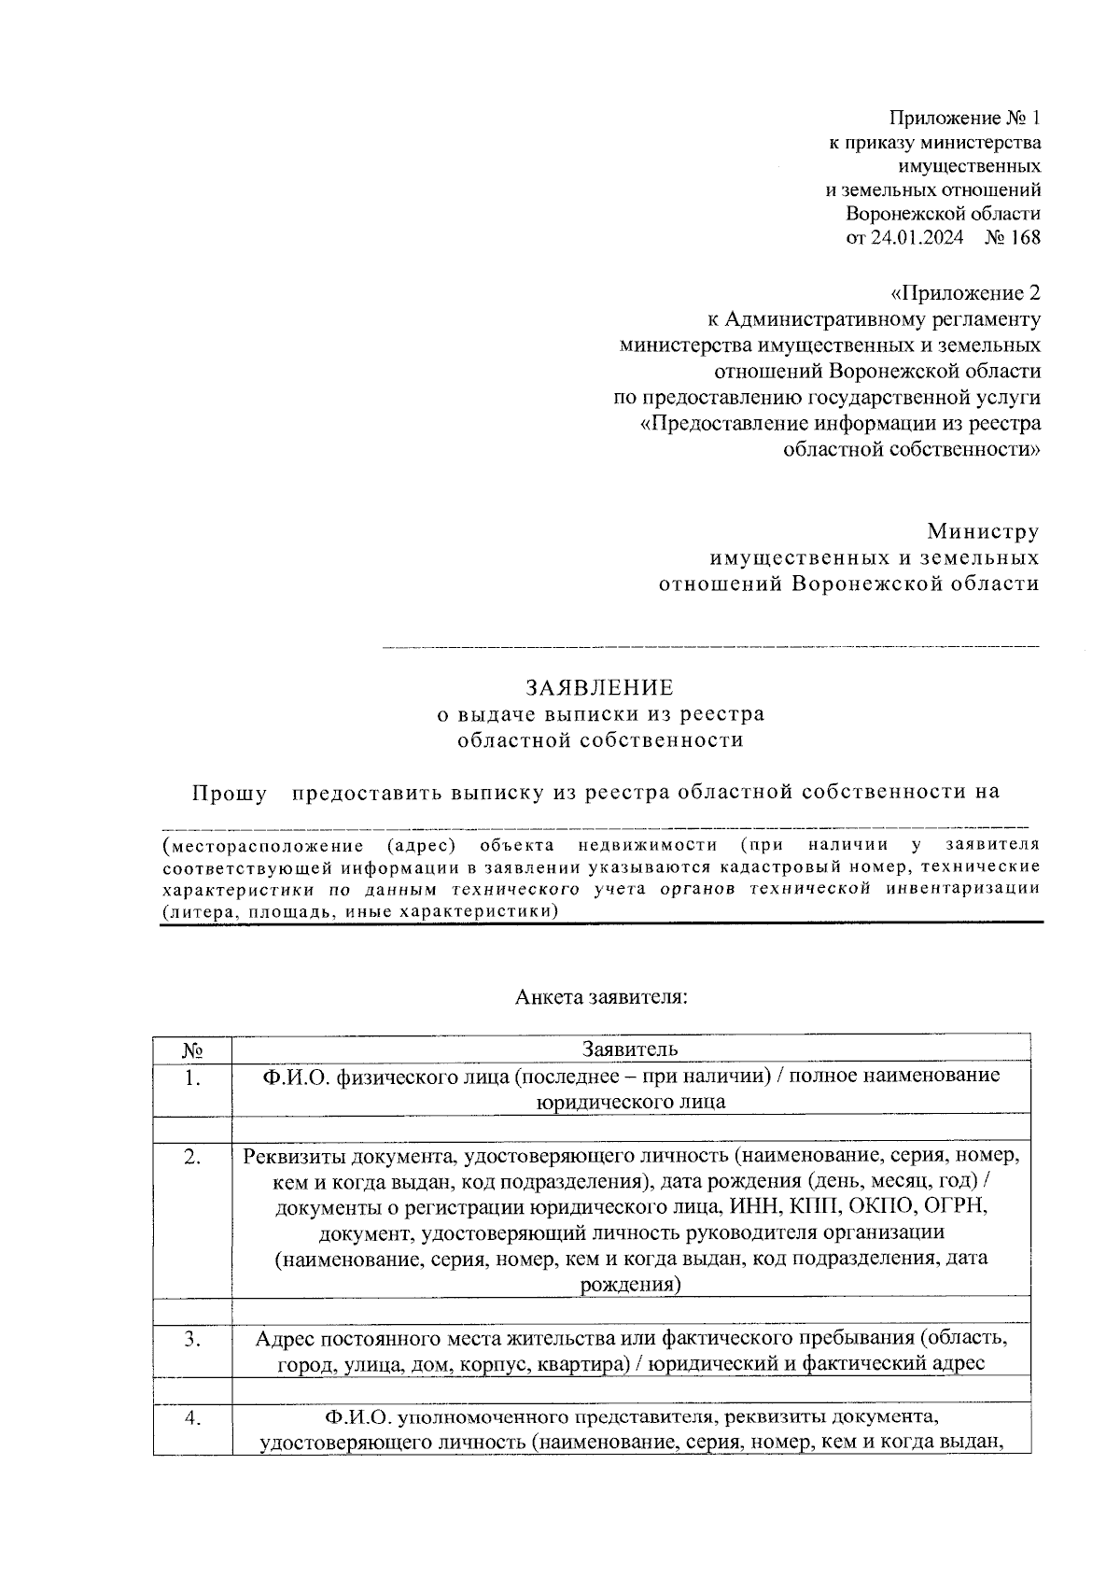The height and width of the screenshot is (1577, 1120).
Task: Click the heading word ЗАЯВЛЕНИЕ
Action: [x=599, y=688]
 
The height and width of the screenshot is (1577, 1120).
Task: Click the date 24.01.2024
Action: [x=917, y=237]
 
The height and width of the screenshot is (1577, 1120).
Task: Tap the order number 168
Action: [x=1024, y=237]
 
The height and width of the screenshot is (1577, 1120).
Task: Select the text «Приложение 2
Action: [x=965, y=293]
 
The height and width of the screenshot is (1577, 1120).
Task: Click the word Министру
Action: [x=982, y=531]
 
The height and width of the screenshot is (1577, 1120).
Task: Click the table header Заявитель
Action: [x=630, y=1049]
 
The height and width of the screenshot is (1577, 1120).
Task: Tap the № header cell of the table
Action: [x=192, y=1049]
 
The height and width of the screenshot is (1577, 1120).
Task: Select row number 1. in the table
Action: [x=192, y=1077]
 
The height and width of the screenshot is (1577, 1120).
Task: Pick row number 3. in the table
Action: [x=192, y=1339]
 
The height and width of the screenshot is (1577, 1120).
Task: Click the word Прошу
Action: [x=230, y=793]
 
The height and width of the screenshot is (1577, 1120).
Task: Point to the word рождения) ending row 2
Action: [x=630, y=1285]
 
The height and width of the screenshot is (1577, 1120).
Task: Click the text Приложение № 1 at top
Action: [x=964, y=118]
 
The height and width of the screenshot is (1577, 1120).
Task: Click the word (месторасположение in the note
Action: [x=262, y=845]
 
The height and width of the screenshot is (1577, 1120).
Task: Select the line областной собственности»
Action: [x=911, y=450]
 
